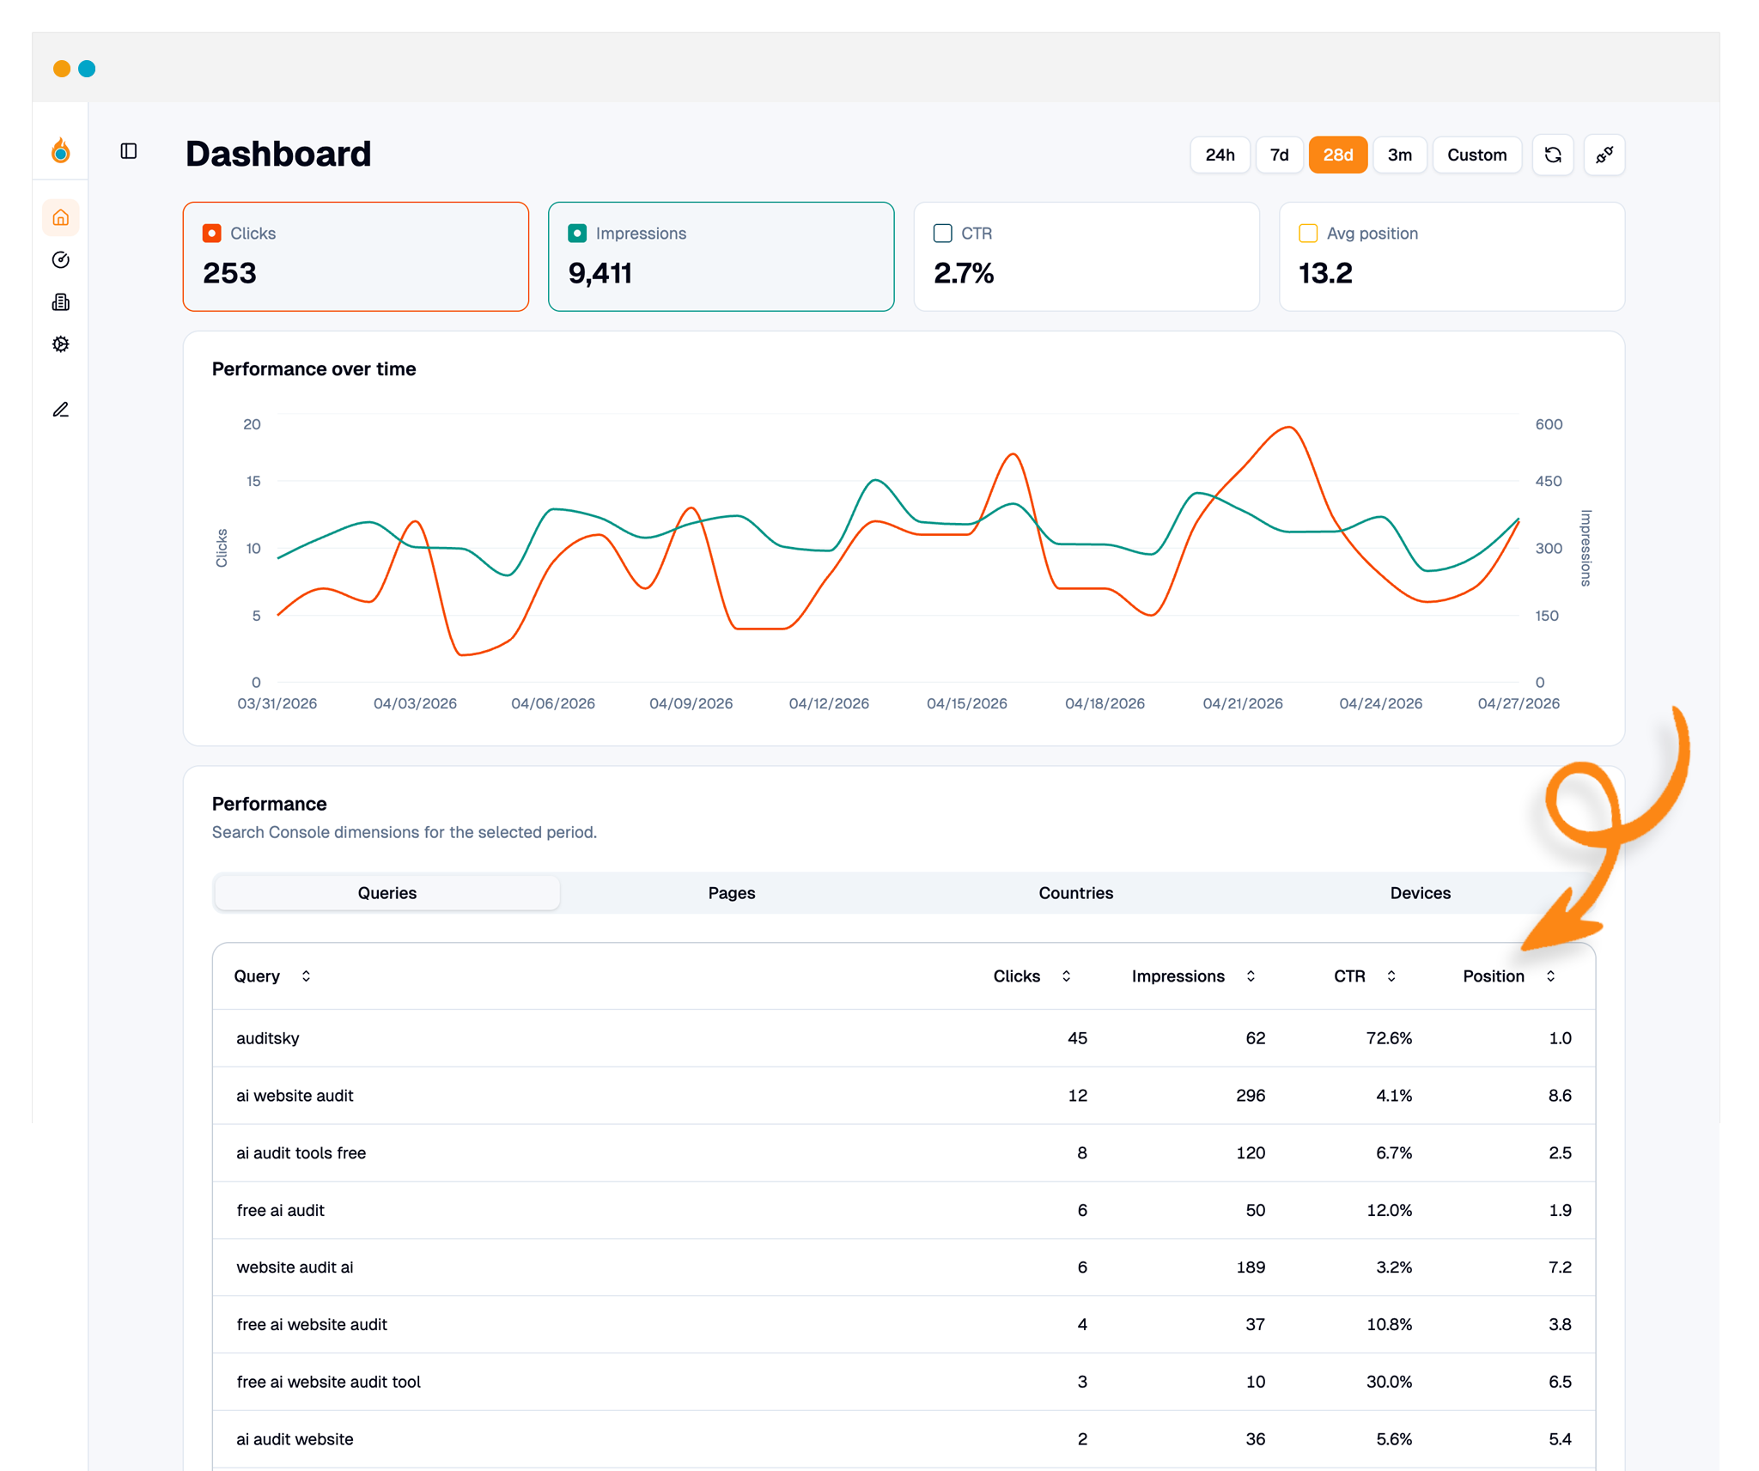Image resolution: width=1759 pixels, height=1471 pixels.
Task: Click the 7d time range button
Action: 1279,155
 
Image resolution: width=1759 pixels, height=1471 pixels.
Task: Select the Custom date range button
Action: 1476,155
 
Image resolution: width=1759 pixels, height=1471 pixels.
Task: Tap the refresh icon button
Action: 1553,155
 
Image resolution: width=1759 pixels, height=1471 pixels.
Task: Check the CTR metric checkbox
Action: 942,233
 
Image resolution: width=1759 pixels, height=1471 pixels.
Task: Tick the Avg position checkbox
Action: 1308,233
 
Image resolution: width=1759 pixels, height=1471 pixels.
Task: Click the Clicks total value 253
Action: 229,273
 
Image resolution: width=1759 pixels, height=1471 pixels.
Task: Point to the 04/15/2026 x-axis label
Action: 966,703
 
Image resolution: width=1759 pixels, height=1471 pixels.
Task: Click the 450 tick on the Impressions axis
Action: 1548,481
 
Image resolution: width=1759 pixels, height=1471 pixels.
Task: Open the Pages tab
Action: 731,893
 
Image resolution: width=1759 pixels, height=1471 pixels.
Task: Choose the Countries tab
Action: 1075,893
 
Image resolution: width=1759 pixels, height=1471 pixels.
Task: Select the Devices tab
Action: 1420,893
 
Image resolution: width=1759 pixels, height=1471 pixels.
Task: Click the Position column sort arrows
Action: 1550,976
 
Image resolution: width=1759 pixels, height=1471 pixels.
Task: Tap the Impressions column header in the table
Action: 1178,976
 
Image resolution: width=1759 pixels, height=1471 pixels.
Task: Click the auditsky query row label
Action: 268,1038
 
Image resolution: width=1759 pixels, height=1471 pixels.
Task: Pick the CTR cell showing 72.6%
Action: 1389,1038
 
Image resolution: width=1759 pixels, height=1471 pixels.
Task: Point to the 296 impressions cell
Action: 1251,1096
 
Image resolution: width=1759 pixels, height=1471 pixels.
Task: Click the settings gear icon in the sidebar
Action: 60,344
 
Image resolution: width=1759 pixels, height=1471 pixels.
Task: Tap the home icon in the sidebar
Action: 60,218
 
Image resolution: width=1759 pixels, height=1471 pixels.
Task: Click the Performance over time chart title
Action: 313,369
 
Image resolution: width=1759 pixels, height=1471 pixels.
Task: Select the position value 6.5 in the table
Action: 1560,1382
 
